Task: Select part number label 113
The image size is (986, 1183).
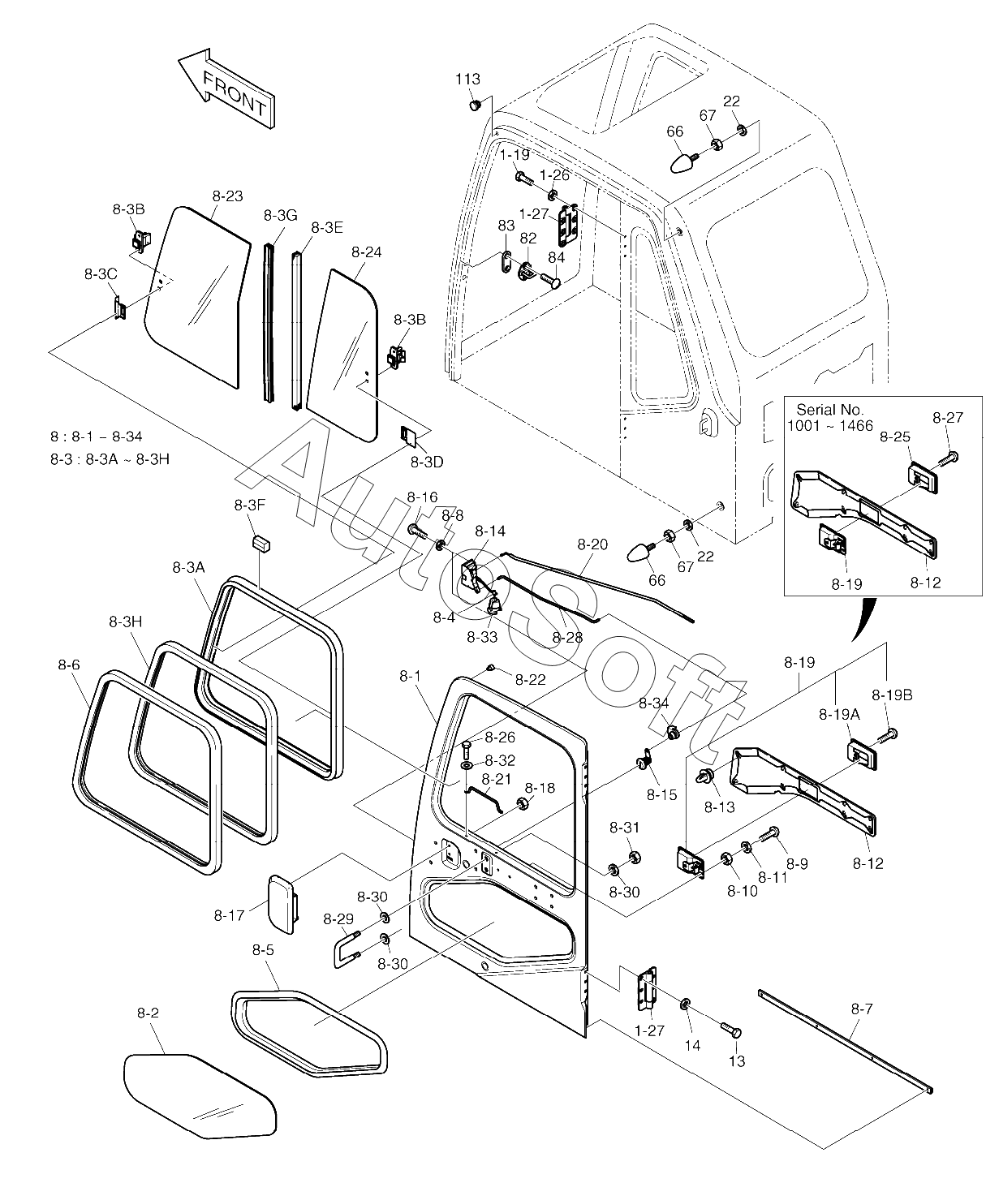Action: (x=467, y=79)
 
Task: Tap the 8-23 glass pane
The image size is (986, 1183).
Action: (x=195, y=292)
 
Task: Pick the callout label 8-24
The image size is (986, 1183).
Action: (x=367, y=252)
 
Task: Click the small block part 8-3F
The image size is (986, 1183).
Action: (x=260, y=541)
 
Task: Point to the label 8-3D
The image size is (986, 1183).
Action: (x=427, y=462)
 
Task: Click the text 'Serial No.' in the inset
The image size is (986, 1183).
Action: (x=830, y=410)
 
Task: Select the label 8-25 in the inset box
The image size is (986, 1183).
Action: (x=896, y=437)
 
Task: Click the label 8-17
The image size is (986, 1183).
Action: (x=230, y=915)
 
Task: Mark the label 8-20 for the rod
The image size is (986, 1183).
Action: (x=592, y=544)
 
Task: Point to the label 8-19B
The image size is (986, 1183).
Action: (x=893, y=695)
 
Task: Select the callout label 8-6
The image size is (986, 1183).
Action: (x=69, y=665)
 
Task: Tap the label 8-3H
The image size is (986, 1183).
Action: (x=125, y=622)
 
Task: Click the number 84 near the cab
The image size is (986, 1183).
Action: (x=556, y=257)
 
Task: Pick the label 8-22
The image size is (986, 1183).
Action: (x=531, y=679)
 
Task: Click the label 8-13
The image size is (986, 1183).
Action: (x=719, y=807)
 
